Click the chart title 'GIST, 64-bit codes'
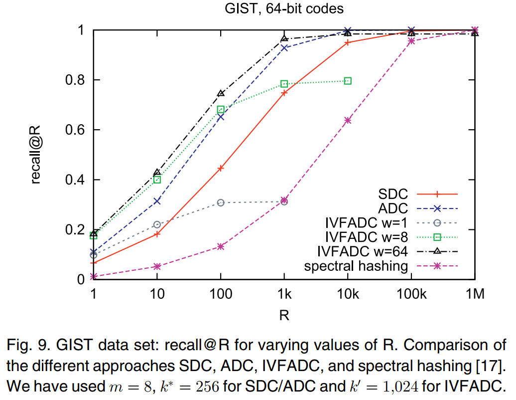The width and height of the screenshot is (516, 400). [x=283, y=8]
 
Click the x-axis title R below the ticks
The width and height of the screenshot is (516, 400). [x=284, y=315]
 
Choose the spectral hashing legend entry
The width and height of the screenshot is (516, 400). [x=356, y=266]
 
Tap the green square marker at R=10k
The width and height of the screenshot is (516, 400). [x=348, y=81]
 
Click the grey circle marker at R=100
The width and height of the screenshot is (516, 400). [x=221, y=202]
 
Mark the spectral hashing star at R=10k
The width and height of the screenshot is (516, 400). [x=348, y=120]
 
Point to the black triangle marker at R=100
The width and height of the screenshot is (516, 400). [x=221, y=93]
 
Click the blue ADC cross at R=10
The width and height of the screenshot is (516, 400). [x=157, y=201]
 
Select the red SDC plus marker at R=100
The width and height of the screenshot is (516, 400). [x=221, y=168]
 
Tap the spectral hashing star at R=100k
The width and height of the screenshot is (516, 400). [x=411, y=41]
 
